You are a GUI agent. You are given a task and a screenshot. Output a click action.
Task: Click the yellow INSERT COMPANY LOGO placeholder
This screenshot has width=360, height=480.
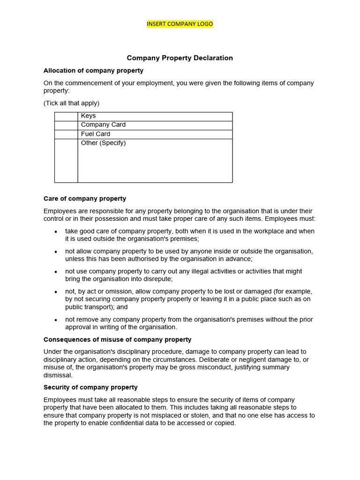pyautogui.click(x=180, y=24)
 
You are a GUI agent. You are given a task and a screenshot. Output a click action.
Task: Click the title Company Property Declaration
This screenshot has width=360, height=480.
pyautogui.click(x=180, y=58)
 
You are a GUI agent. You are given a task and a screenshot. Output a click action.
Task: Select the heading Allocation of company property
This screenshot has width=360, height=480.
pyautogui.click(x=93, y=71)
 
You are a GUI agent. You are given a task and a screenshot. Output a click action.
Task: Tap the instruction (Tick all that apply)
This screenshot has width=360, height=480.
pyautogui.click(x=71, y=103)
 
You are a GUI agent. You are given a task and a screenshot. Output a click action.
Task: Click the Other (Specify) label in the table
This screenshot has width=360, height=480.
pyautogui.click(x=103, y=143)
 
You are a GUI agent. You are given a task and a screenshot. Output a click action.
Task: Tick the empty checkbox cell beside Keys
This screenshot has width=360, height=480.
pyautogui.click(x=66, y=116)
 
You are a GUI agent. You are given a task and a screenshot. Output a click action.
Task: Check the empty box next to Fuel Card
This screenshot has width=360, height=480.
pyautogui.click(x=66, y=135)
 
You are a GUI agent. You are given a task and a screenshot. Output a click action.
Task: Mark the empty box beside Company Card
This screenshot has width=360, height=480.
pyautogui.click(x=66, y=125)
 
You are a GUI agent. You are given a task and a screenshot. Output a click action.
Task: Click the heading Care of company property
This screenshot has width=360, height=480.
pyautogui.click(x=85, y=199)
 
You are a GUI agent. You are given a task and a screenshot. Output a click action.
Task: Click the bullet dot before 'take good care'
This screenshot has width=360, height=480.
pyautogui.click(x=56, y=232)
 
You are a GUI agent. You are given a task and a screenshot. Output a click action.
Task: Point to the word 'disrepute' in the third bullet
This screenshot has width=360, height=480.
pyautogui.click(x=157, y=279)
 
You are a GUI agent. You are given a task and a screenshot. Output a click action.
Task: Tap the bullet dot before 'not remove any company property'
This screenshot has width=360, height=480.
pyautogui.click(x=56, y=320)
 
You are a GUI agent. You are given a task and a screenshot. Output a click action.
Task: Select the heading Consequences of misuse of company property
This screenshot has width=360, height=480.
pyautogui.click(x=117, y=339)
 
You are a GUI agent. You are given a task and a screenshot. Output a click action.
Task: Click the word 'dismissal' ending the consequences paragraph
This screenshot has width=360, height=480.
pyautogui.click(x=58, y=375)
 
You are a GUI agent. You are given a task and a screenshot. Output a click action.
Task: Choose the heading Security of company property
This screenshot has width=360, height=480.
pyautogui.click(x=90, y=387)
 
